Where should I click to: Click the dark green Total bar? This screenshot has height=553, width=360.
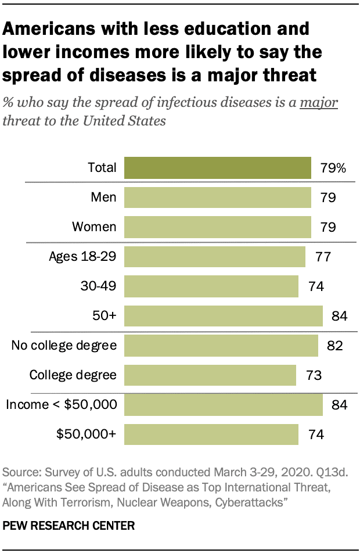[x=218, y=168]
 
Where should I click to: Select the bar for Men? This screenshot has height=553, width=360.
[x=218, y=198]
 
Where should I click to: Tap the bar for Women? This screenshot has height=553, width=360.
[x=218, y=227]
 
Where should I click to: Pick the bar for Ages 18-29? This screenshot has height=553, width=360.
[x=215, y=256]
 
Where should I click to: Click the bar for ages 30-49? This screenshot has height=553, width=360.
[x=211, y=286]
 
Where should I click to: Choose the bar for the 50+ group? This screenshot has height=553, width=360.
[x=224, y=316]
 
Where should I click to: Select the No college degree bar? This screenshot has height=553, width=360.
[x=221, y=346]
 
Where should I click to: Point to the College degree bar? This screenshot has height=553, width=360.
[x=210, y=375]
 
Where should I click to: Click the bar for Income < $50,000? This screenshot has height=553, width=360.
[x=224, y=405]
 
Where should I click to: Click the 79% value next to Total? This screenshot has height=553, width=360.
[x=333, y=168]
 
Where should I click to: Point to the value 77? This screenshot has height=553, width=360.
[x=323, y=256]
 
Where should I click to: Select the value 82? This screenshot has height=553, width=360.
[x=335, y=346]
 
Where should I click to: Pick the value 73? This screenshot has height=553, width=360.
[x=314, y=375]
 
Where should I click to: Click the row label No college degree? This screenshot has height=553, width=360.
[x=64, y=346]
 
